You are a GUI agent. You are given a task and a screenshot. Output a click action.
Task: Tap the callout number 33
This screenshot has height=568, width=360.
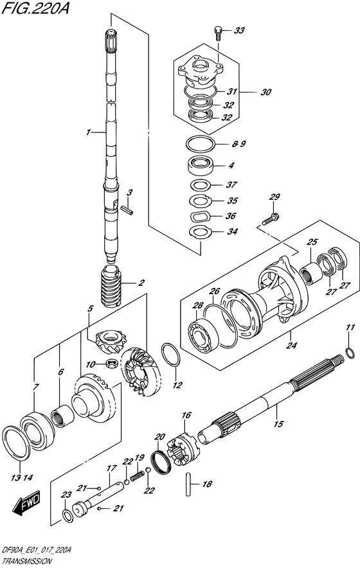click(239, 30)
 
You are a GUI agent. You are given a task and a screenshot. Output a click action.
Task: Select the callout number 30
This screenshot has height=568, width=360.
click(265, 92)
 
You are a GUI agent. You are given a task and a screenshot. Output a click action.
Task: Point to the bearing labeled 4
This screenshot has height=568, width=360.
click(201, 165)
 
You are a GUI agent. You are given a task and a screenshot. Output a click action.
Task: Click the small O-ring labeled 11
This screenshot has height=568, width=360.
click(348, 351)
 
